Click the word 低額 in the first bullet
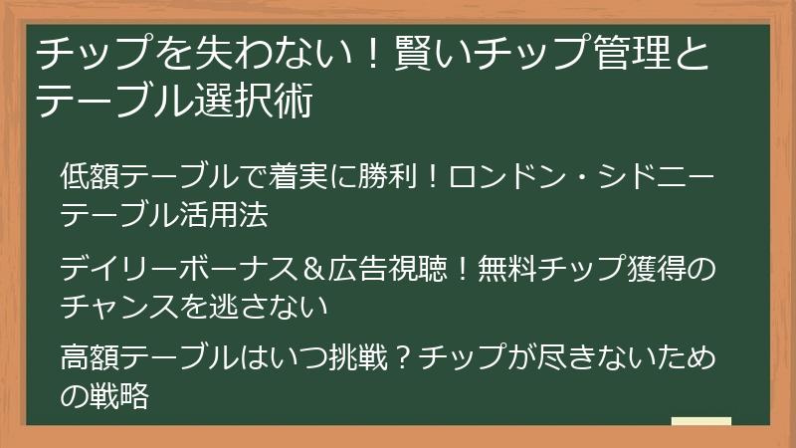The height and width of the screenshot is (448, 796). tap(89, 179)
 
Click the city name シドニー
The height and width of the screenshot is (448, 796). tap(659, 179)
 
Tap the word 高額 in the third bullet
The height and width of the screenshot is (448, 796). tap(89, 358)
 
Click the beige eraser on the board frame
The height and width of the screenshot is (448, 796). tap(701, 422)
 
